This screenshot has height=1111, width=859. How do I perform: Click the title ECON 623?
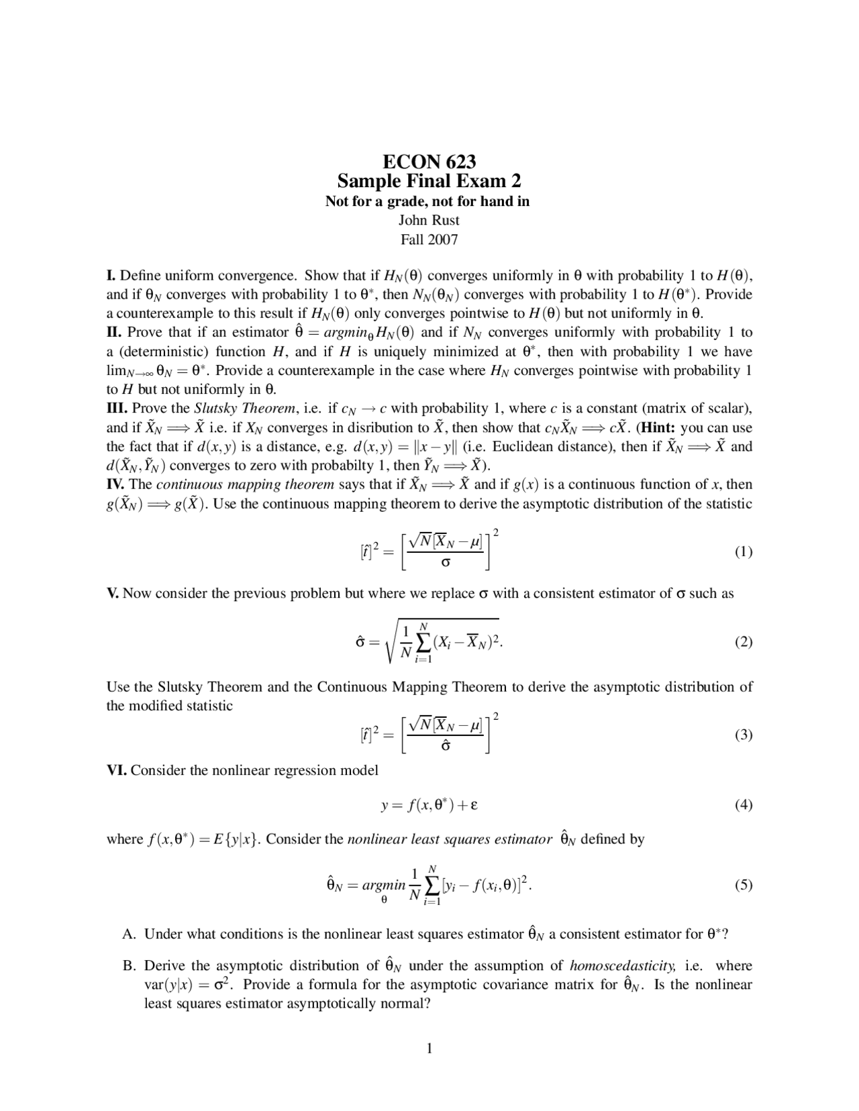[x=429, y=162]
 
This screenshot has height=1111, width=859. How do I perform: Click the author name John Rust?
[x=429, y=220]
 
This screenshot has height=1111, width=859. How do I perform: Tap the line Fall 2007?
[x=429, y=240]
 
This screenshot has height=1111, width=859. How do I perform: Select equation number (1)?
[x=743, y=552]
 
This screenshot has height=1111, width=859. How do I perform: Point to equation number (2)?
[x=743, y=642]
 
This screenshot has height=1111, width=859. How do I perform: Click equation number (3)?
[x=743, y=735]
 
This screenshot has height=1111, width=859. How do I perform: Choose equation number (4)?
[x=743, y=805]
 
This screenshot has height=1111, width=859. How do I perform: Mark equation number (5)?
[x=743, y=885]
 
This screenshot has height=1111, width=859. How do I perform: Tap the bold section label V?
[x=113, y=594]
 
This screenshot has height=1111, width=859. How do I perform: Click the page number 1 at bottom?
[x=429, y=1049]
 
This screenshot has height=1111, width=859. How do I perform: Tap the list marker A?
[x=130, y=934]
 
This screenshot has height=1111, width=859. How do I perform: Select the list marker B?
[x=130, y=966]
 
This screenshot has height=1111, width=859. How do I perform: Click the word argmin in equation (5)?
[x=384, y=886]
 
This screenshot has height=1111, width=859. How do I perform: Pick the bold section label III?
[x=117, y=409]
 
